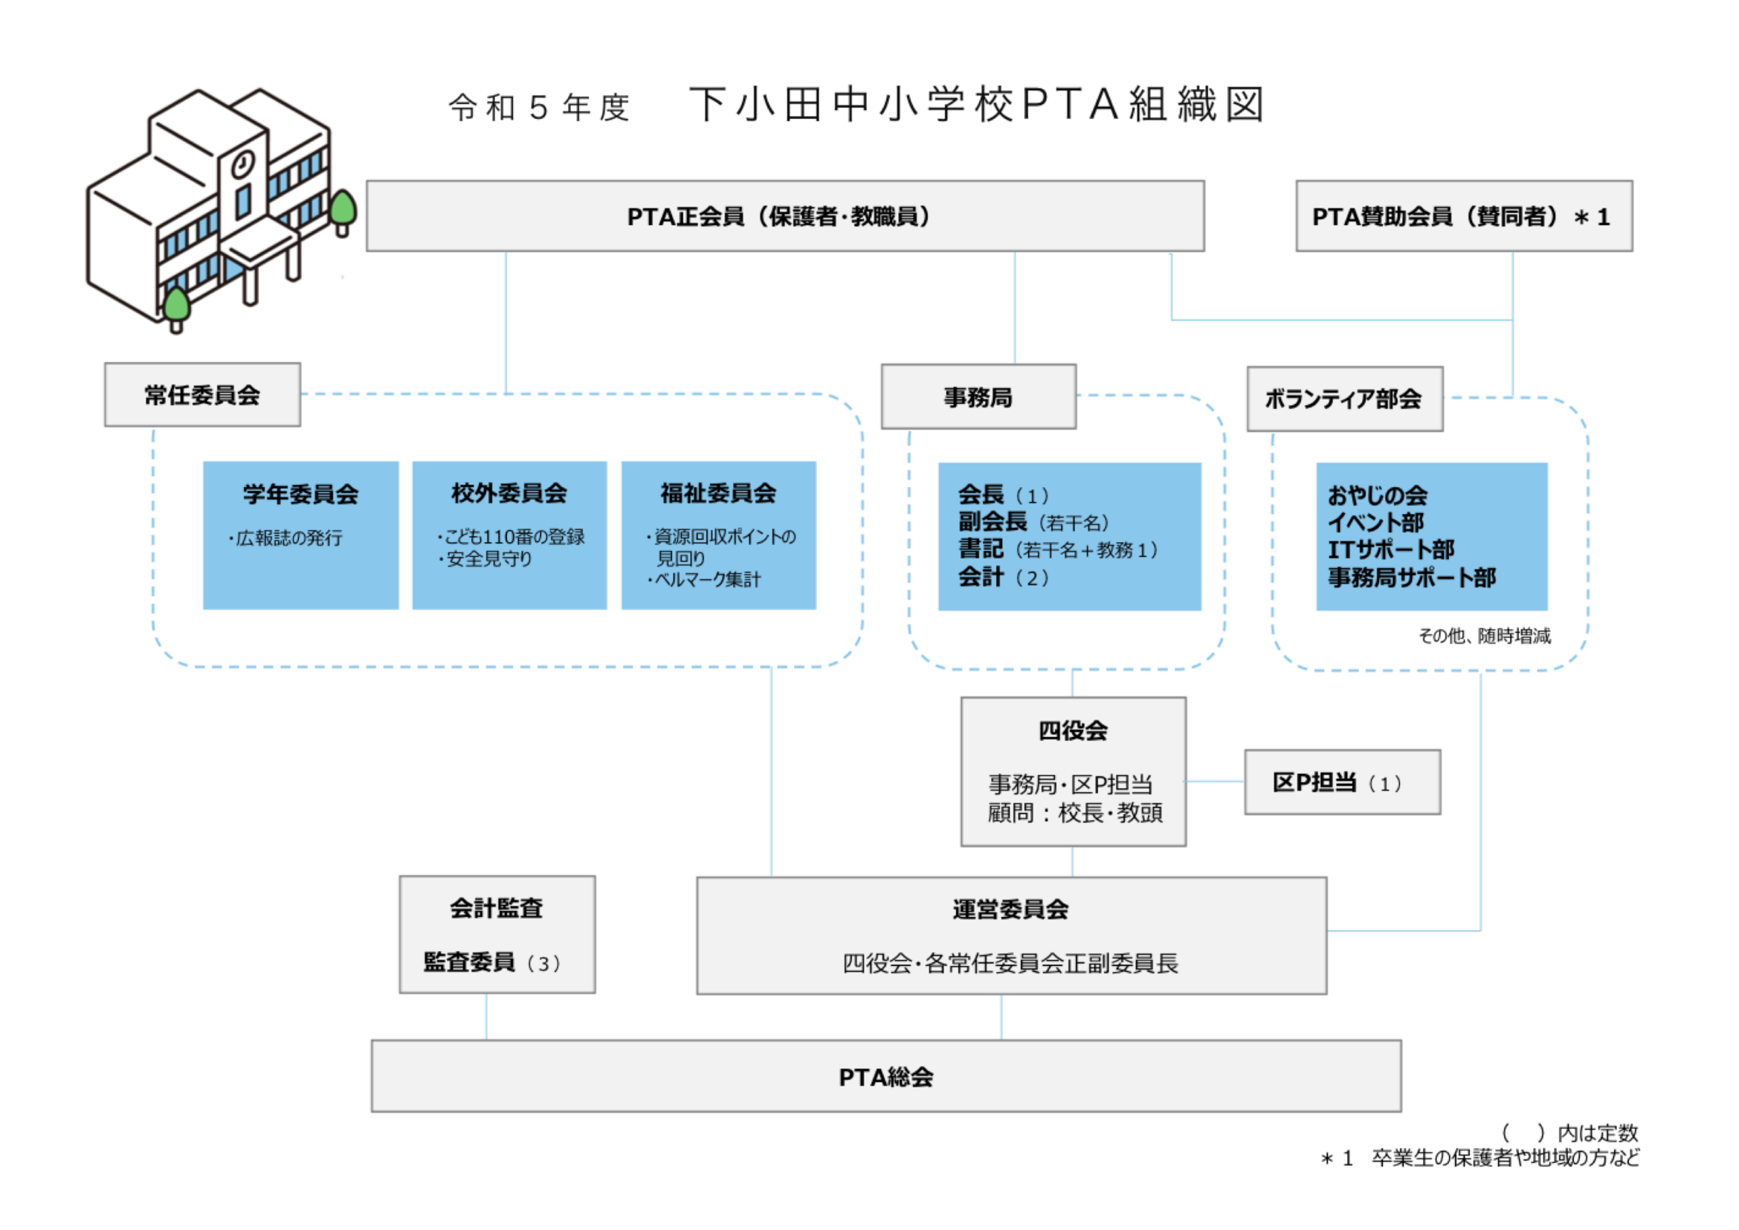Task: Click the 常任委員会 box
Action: (202, 395)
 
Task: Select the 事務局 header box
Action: (978, 397)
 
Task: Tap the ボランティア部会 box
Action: (1344, 399)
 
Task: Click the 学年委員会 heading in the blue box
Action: (300, 494)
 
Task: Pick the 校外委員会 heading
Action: (509, 493)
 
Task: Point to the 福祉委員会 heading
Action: (718, 493)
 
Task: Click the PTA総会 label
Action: (885, 1076)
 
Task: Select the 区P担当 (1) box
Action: (1341, 782)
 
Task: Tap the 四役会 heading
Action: (1073, 731)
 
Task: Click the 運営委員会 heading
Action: (1010, 909)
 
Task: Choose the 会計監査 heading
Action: (497, 907)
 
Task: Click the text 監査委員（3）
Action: (493, 962)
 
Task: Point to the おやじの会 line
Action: (1377, 495)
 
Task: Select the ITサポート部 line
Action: (1390, 549)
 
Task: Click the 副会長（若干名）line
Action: (1034, 522)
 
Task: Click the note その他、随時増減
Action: (1484, 635)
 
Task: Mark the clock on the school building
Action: (243, 163)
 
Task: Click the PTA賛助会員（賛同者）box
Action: (1463, 216)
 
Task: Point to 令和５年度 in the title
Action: (539, 108)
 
